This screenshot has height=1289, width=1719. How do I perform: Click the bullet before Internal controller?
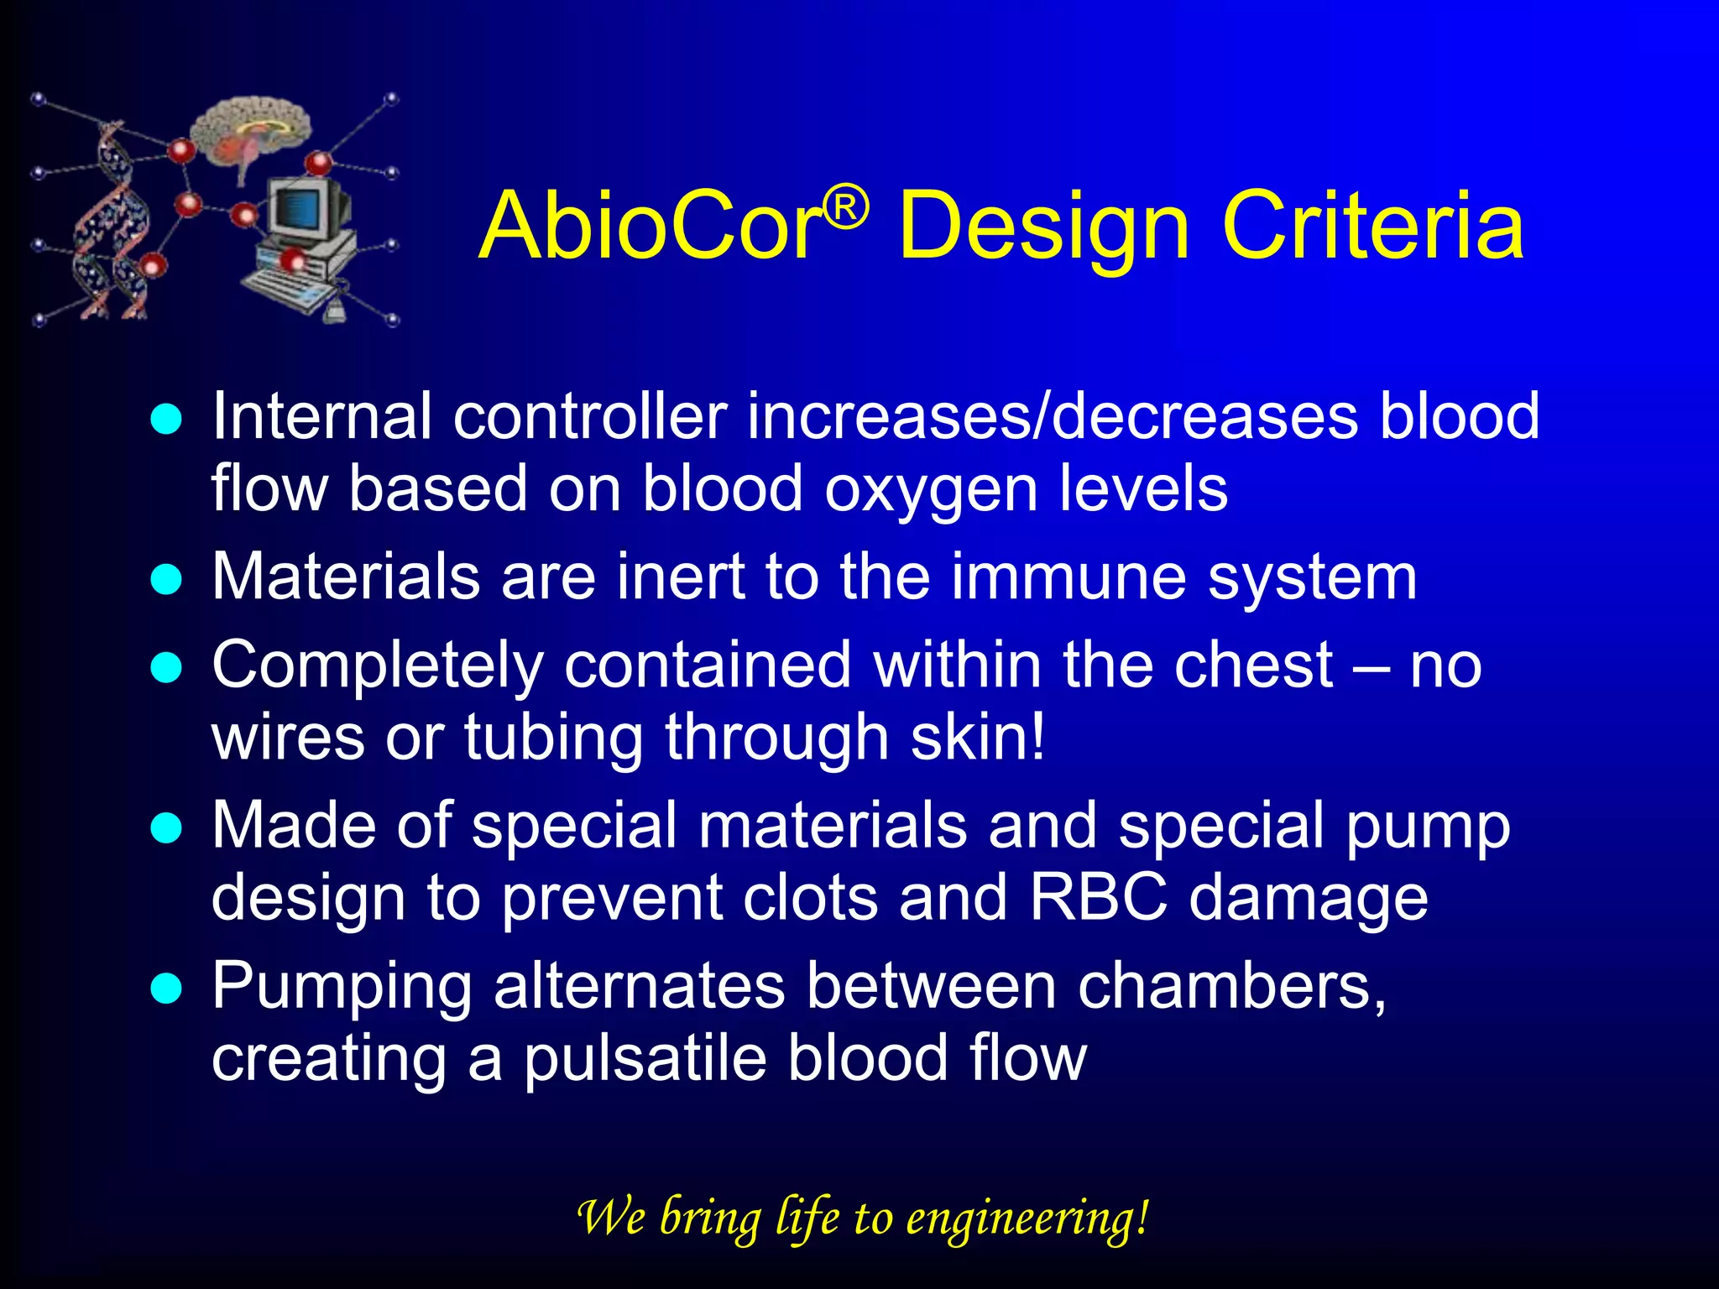click(x=166, y=419)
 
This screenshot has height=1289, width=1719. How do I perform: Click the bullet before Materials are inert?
click(x=166, y=579)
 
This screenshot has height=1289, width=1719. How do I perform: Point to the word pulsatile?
click(x=645, y=1059)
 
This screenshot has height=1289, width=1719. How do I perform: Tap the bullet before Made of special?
click(x=166, y=828)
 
